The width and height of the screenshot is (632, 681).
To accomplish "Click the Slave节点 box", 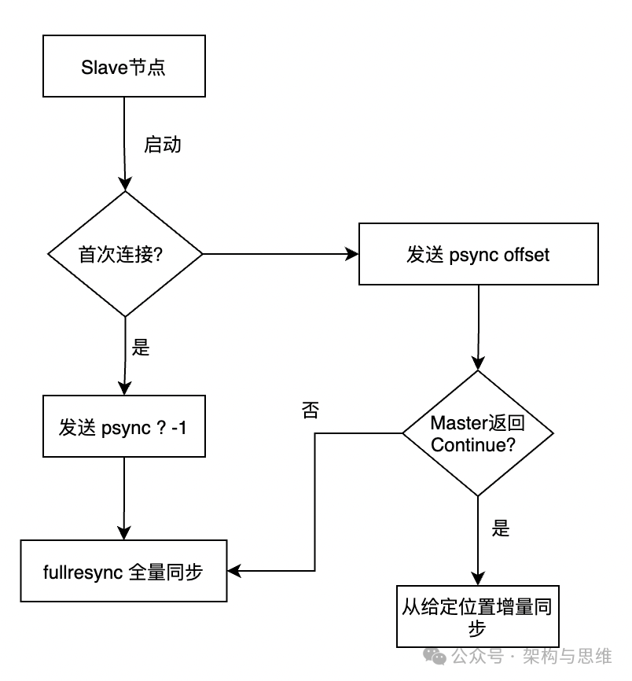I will coord(123,67).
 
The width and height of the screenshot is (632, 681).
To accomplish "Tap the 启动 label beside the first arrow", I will coord(163,145).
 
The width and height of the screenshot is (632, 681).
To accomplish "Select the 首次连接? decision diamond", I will coord(125,254).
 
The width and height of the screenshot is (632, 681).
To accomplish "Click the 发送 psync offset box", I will coord(478,254).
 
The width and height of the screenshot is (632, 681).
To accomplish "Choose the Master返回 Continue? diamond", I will coord(477,433).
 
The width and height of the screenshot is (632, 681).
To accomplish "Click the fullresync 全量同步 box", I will coord(123,571).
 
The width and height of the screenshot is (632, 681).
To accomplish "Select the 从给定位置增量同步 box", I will coord(478,617).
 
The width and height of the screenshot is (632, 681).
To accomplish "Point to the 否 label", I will coord(310,410).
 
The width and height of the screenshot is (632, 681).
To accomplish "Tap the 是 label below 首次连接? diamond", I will coord(141,347).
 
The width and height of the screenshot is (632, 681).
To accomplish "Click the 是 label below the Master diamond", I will coord(501,528).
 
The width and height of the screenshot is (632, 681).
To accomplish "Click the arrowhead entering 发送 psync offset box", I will coord(352,254).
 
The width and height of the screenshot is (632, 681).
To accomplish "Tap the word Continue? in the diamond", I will coord(473,444).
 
